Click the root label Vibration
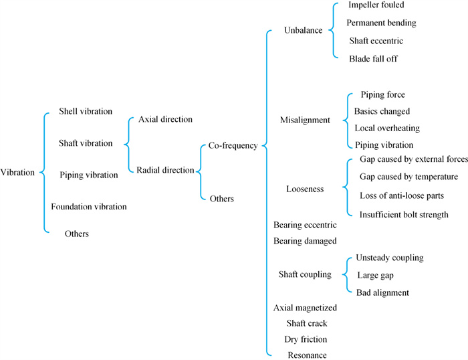click(17, 172)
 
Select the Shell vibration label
click(86, 111)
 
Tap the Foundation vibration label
click(89, 207)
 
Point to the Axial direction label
click(165, 119)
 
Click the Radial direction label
click(165, 170)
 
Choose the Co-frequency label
click(233, 145)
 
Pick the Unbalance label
click(303, 30)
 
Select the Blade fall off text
click(373, 59)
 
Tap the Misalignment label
click(305, 120)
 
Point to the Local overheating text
click(387, 128)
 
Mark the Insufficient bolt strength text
click(404, 215)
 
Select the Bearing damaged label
click(305, 240)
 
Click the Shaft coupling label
click(305, 274)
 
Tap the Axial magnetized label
click(305, 308)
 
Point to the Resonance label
click(307, 355)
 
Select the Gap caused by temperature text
click(408, 177)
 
